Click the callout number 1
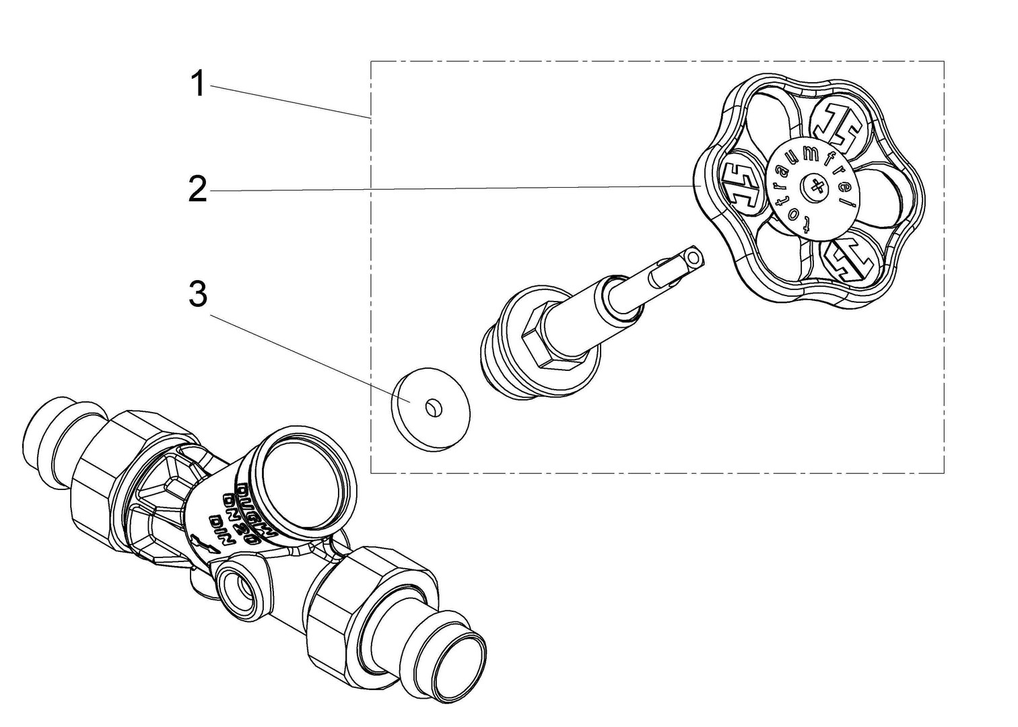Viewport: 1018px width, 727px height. [197, 85]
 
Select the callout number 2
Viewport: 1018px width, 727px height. [197, 190]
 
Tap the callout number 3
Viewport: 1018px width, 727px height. [197, 295]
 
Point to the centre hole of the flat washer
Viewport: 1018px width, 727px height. [431, 406]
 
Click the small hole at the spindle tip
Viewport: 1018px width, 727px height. [692, 256]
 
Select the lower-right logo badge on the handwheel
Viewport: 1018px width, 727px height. [846, 261]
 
